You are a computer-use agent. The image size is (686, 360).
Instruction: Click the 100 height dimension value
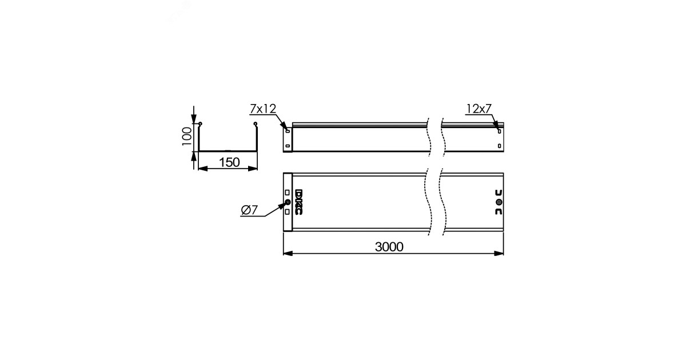186,137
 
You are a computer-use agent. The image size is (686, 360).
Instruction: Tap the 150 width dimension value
229,162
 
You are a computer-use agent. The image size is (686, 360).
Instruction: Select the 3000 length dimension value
389,247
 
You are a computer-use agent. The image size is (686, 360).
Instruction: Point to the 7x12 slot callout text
263,109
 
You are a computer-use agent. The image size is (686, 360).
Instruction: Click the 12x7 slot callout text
479,109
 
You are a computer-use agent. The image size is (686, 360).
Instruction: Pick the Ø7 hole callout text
249,210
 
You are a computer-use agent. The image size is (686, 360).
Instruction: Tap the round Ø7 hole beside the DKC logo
287,202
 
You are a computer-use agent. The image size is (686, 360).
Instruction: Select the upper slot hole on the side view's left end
288,131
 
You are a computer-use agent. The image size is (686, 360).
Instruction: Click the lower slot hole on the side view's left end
288,146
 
